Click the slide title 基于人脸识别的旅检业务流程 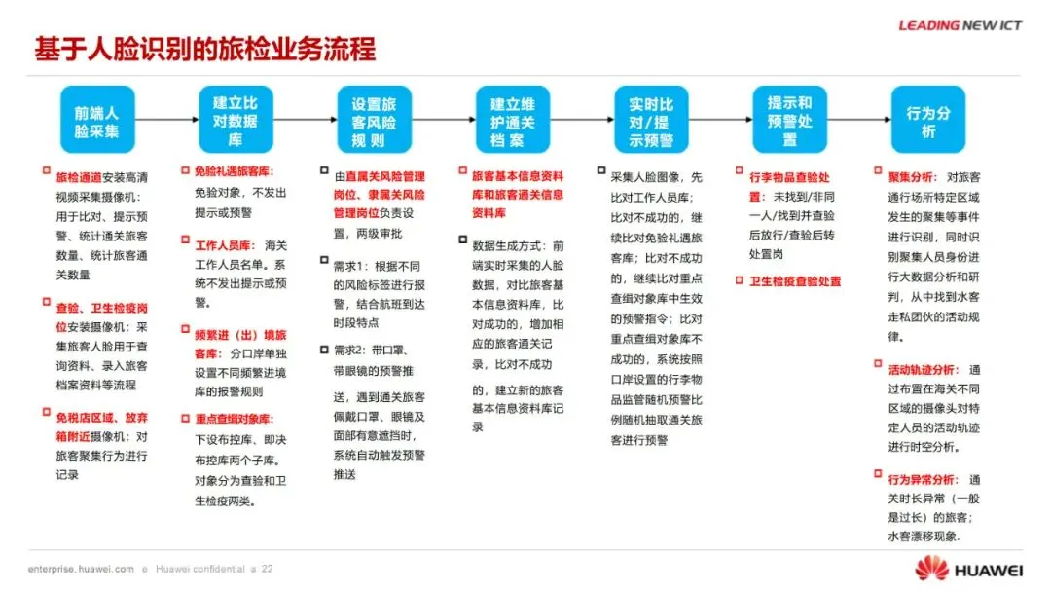pos(204,49)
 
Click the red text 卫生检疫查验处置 pos(795,281)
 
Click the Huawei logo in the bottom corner pos(969,568)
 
